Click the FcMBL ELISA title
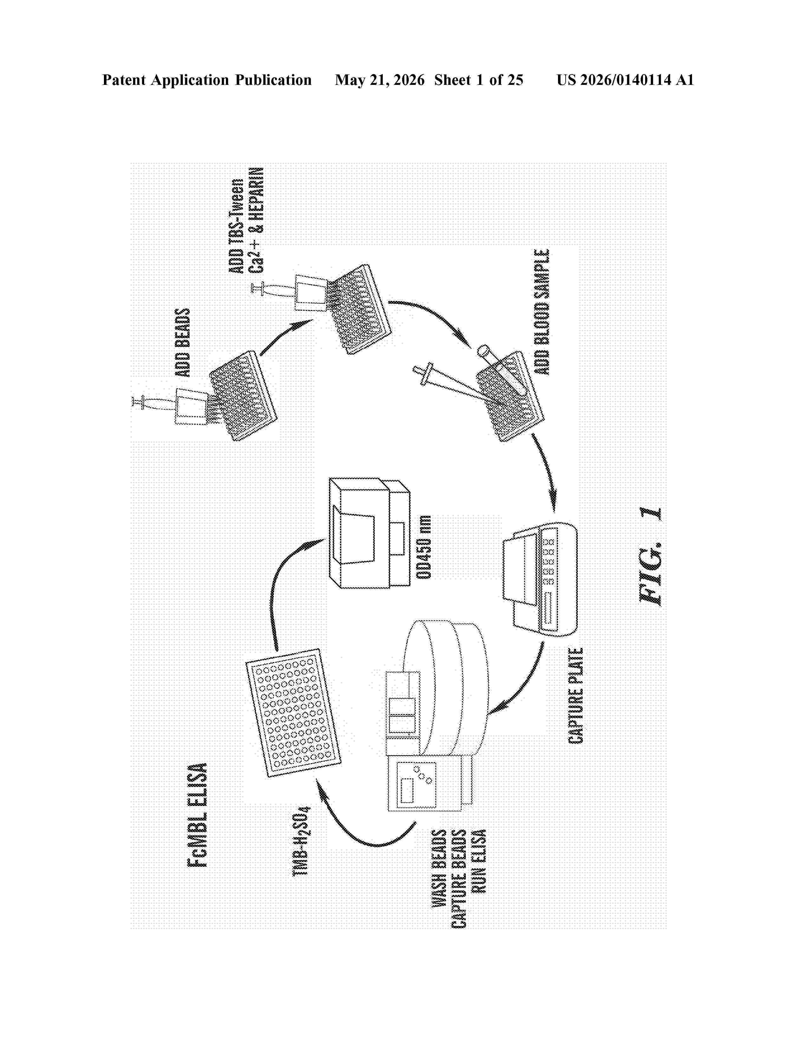[x=197, y=814]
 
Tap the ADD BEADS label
[x=183, y=343]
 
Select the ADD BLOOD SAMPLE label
[x=542, y=312]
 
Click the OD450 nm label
[x=424, y=547]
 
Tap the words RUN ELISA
[x=478, y=861]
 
